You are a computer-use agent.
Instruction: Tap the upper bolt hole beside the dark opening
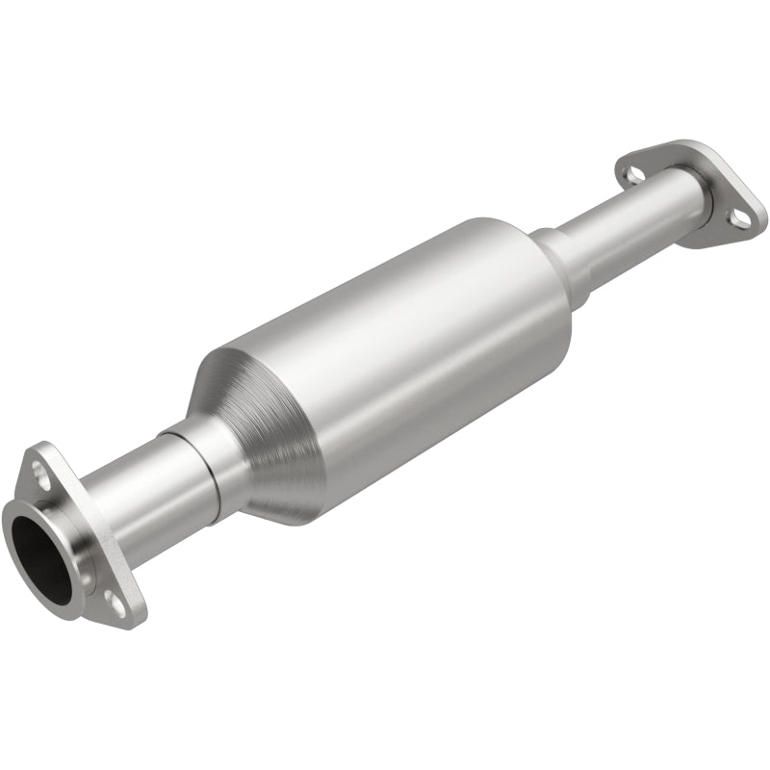point(40,473)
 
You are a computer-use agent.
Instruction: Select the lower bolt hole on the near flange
point(115,603)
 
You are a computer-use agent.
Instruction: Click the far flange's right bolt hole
point(740,218)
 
